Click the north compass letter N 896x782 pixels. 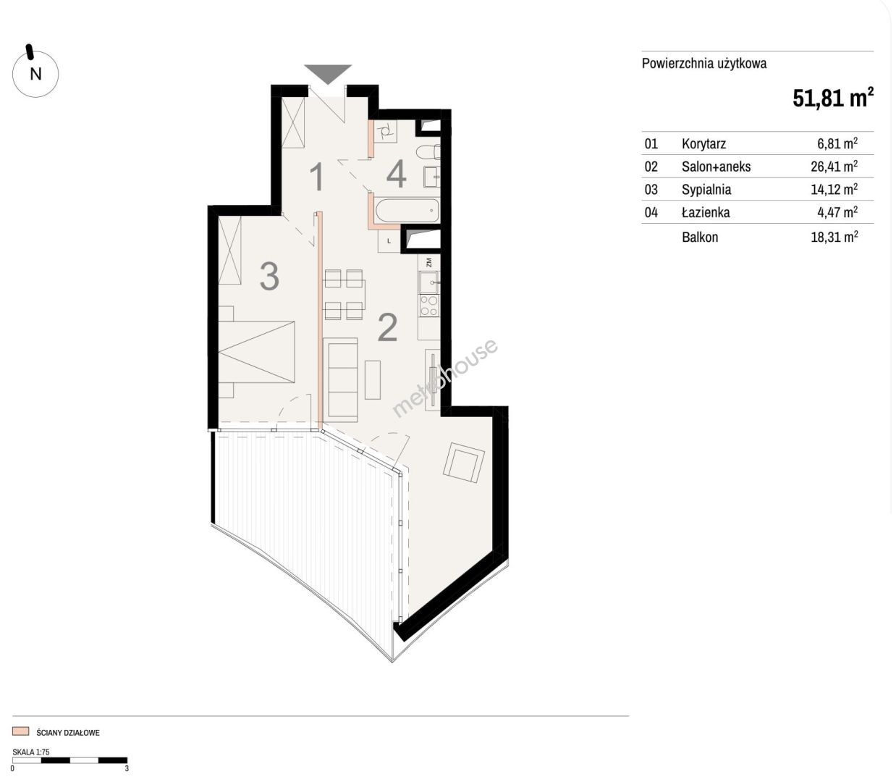(x=35, y=74)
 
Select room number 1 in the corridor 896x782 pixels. (x=316, y=177)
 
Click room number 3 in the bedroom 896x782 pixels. (x=269, y=276)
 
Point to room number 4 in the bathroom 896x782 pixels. (x=397, y=174)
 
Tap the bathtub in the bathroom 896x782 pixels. (x=407, y=211)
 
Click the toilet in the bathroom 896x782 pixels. (x=428, y=151)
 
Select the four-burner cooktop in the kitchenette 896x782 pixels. (x=428, y=306)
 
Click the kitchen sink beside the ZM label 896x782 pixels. (x=428, y=282)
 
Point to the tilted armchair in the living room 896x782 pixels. (x=464, y=463)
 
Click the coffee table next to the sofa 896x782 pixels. (x=373, y=379)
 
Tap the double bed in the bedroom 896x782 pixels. (x=256, y=352)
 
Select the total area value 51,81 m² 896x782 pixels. (x=833, y=98)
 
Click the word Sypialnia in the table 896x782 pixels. (x=706, y=190)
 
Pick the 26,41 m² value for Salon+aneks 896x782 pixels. (x=834, y=166)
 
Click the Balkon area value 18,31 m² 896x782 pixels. (x=834, y=237)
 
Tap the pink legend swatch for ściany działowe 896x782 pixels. (x=20, y=731)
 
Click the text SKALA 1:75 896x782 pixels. (x=30, y=752)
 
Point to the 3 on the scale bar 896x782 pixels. (x=127, y=768)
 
